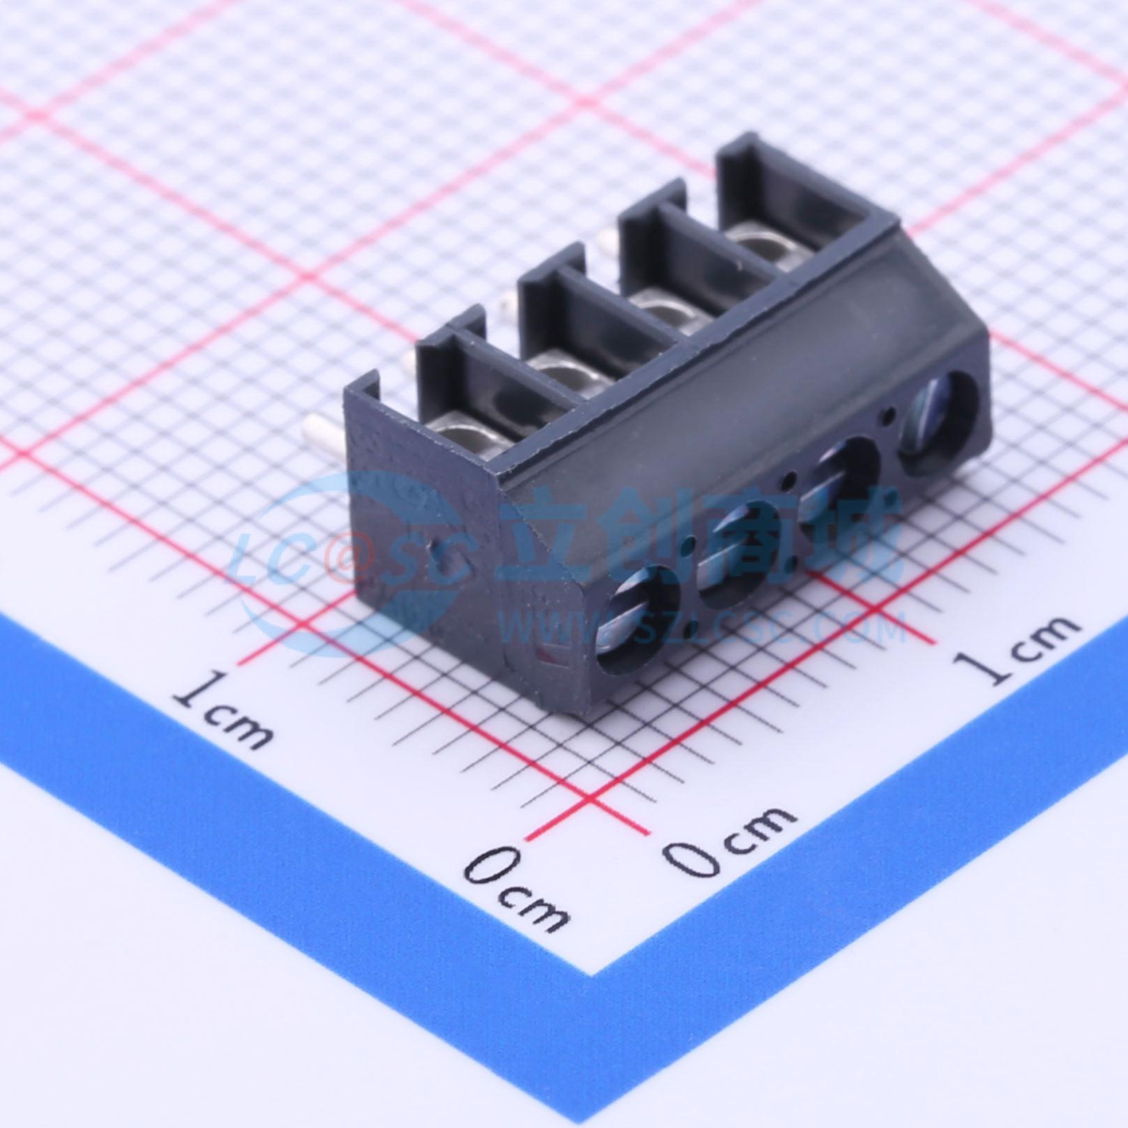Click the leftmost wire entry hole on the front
(x=638, y=621)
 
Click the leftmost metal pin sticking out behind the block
(x=324, y=429)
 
